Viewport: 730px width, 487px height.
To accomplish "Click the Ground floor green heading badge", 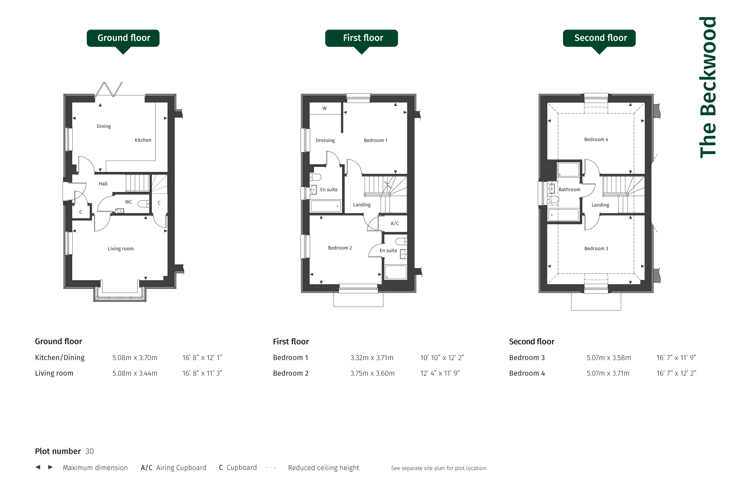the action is [x=123, y=38].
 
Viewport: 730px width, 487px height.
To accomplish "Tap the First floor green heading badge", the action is [x=361, y=38].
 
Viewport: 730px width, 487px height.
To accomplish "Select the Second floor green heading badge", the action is [x=599, y=38].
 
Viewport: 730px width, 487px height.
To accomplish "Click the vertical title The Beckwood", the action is [x=708, y=87].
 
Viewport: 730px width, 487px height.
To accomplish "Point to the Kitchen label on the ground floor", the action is [x=143, y=140].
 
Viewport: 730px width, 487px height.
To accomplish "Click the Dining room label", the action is [x=104, y=126].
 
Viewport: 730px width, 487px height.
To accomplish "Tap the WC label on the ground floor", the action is [x=128, y=202].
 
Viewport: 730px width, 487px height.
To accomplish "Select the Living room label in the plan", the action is [x=121, y=248].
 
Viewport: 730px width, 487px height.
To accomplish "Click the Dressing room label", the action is [x=325, y=140].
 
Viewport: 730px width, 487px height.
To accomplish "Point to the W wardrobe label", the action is [x=324, y=108].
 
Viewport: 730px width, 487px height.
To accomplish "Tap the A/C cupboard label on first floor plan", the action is [x=395, y=223].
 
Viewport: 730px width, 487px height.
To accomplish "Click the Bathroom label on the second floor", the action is [x=569, y=189].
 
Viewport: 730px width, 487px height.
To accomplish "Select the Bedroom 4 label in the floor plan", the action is [x=596, y=139].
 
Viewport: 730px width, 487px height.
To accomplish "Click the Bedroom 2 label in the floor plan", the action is [x=340, y=248].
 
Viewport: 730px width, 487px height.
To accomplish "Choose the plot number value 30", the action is [x=89, y=451].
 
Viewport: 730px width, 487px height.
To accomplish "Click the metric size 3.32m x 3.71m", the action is [x=372, y=358].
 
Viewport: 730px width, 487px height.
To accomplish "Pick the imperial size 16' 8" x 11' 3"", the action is [x=202, y=373].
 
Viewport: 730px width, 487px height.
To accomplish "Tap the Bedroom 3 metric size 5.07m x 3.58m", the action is [x=609, y=358].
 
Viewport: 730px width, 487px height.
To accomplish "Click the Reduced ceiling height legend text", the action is [x=323, y=468].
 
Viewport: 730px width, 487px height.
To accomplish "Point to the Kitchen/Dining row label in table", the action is [x=60, y=358].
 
